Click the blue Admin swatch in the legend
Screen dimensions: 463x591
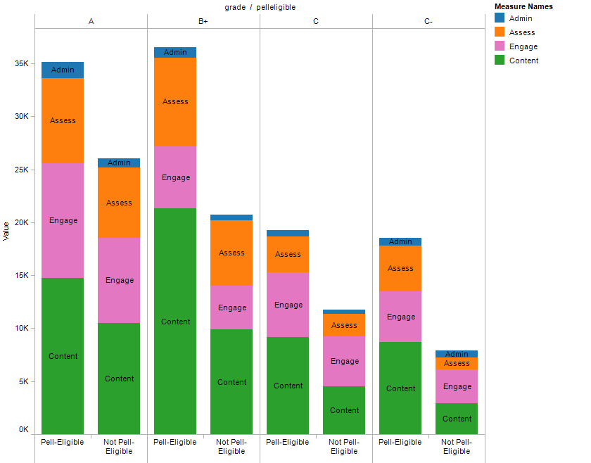click(x=500, y=18)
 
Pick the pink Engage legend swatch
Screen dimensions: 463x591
click(x=500, y=46)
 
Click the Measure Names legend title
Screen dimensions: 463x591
click(x=523, y=6)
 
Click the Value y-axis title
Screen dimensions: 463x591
click(x=6, y=230)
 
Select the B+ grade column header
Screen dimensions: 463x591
click(x=203, y=22)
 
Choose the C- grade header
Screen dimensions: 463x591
click(x=428, y=22)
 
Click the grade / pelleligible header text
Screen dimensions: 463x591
click(x=260, y=7)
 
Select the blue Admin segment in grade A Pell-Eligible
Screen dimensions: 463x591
click(x=63, y=70)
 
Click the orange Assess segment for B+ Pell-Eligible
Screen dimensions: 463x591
click(x=175, y=101)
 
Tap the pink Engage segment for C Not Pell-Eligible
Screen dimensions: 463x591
click(x=344, y=361)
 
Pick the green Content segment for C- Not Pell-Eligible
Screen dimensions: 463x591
click(x=457, y=419)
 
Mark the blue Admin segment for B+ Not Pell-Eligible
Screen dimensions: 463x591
click(x=231, y=217)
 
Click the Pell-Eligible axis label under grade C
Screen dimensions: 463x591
click(x=288, y=443)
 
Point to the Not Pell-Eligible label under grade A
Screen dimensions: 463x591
click(x=119, y=447)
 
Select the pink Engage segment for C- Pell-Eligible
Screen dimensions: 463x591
click(x=400, y=317)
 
